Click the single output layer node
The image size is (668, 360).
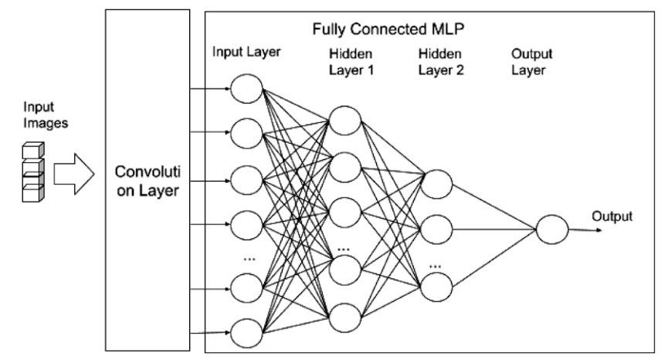pyautogui.click(x=551, y=229)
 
